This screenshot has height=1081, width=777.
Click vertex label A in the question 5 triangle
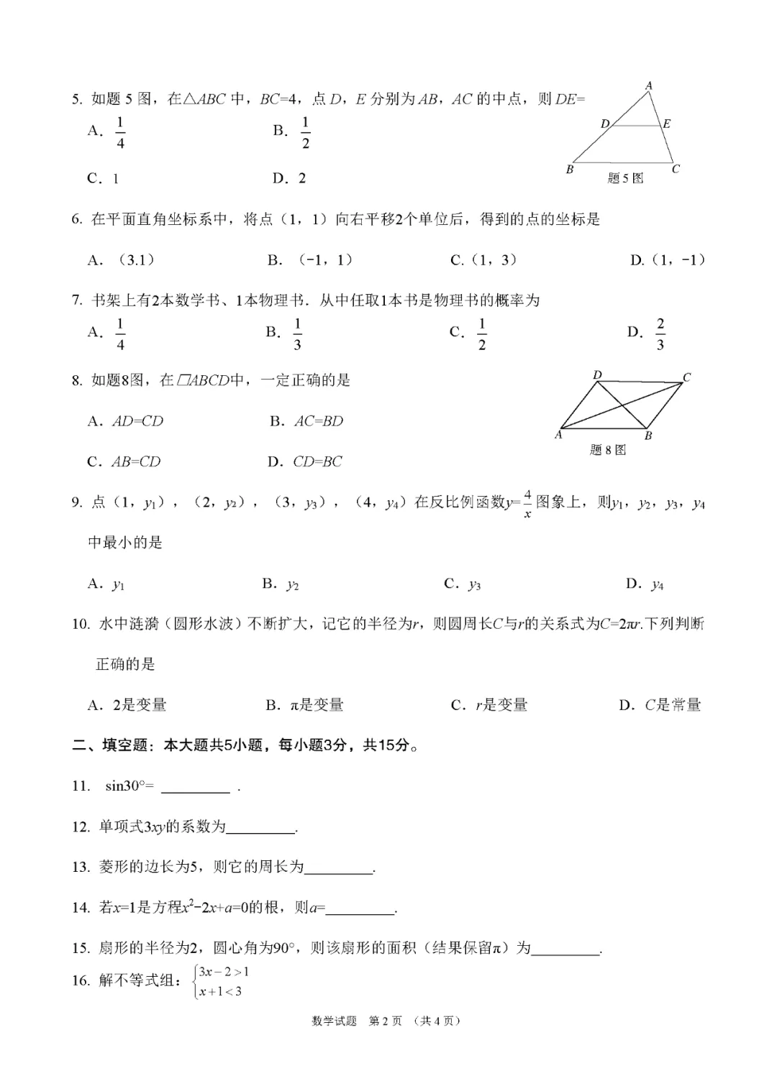(649, 86)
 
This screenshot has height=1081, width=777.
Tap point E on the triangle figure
(666, 124)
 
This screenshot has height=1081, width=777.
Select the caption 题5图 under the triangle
(625, 178)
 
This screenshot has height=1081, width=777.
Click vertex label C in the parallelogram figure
(686, 377)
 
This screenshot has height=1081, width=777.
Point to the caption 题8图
(608, 450)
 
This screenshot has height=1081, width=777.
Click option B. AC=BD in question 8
(306, 421)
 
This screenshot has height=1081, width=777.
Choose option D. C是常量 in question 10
(660, 705)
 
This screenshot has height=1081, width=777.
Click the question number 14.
(81, 908)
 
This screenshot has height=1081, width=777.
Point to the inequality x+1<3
(220, 992)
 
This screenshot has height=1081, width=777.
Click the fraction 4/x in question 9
(527, 503)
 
